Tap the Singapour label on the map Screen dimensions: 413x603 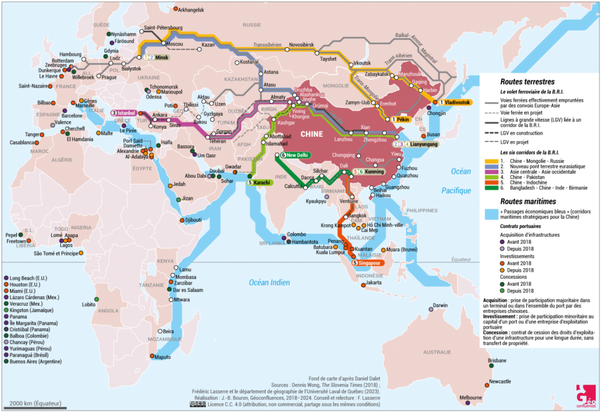coord(369,263)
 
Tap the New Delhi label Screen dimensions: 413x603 coord(297,155)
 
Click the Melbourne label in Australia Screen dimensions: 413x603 coord(470,398)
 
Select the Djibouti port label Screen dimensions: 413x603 coord(194,220)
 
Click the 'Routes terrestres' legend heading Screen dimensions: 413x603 coord(528,80)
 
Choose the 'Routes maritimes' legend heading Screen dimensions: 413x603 coord(528,201)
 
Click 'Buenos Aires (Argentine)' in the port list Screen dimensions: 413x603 coord(36,362)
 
